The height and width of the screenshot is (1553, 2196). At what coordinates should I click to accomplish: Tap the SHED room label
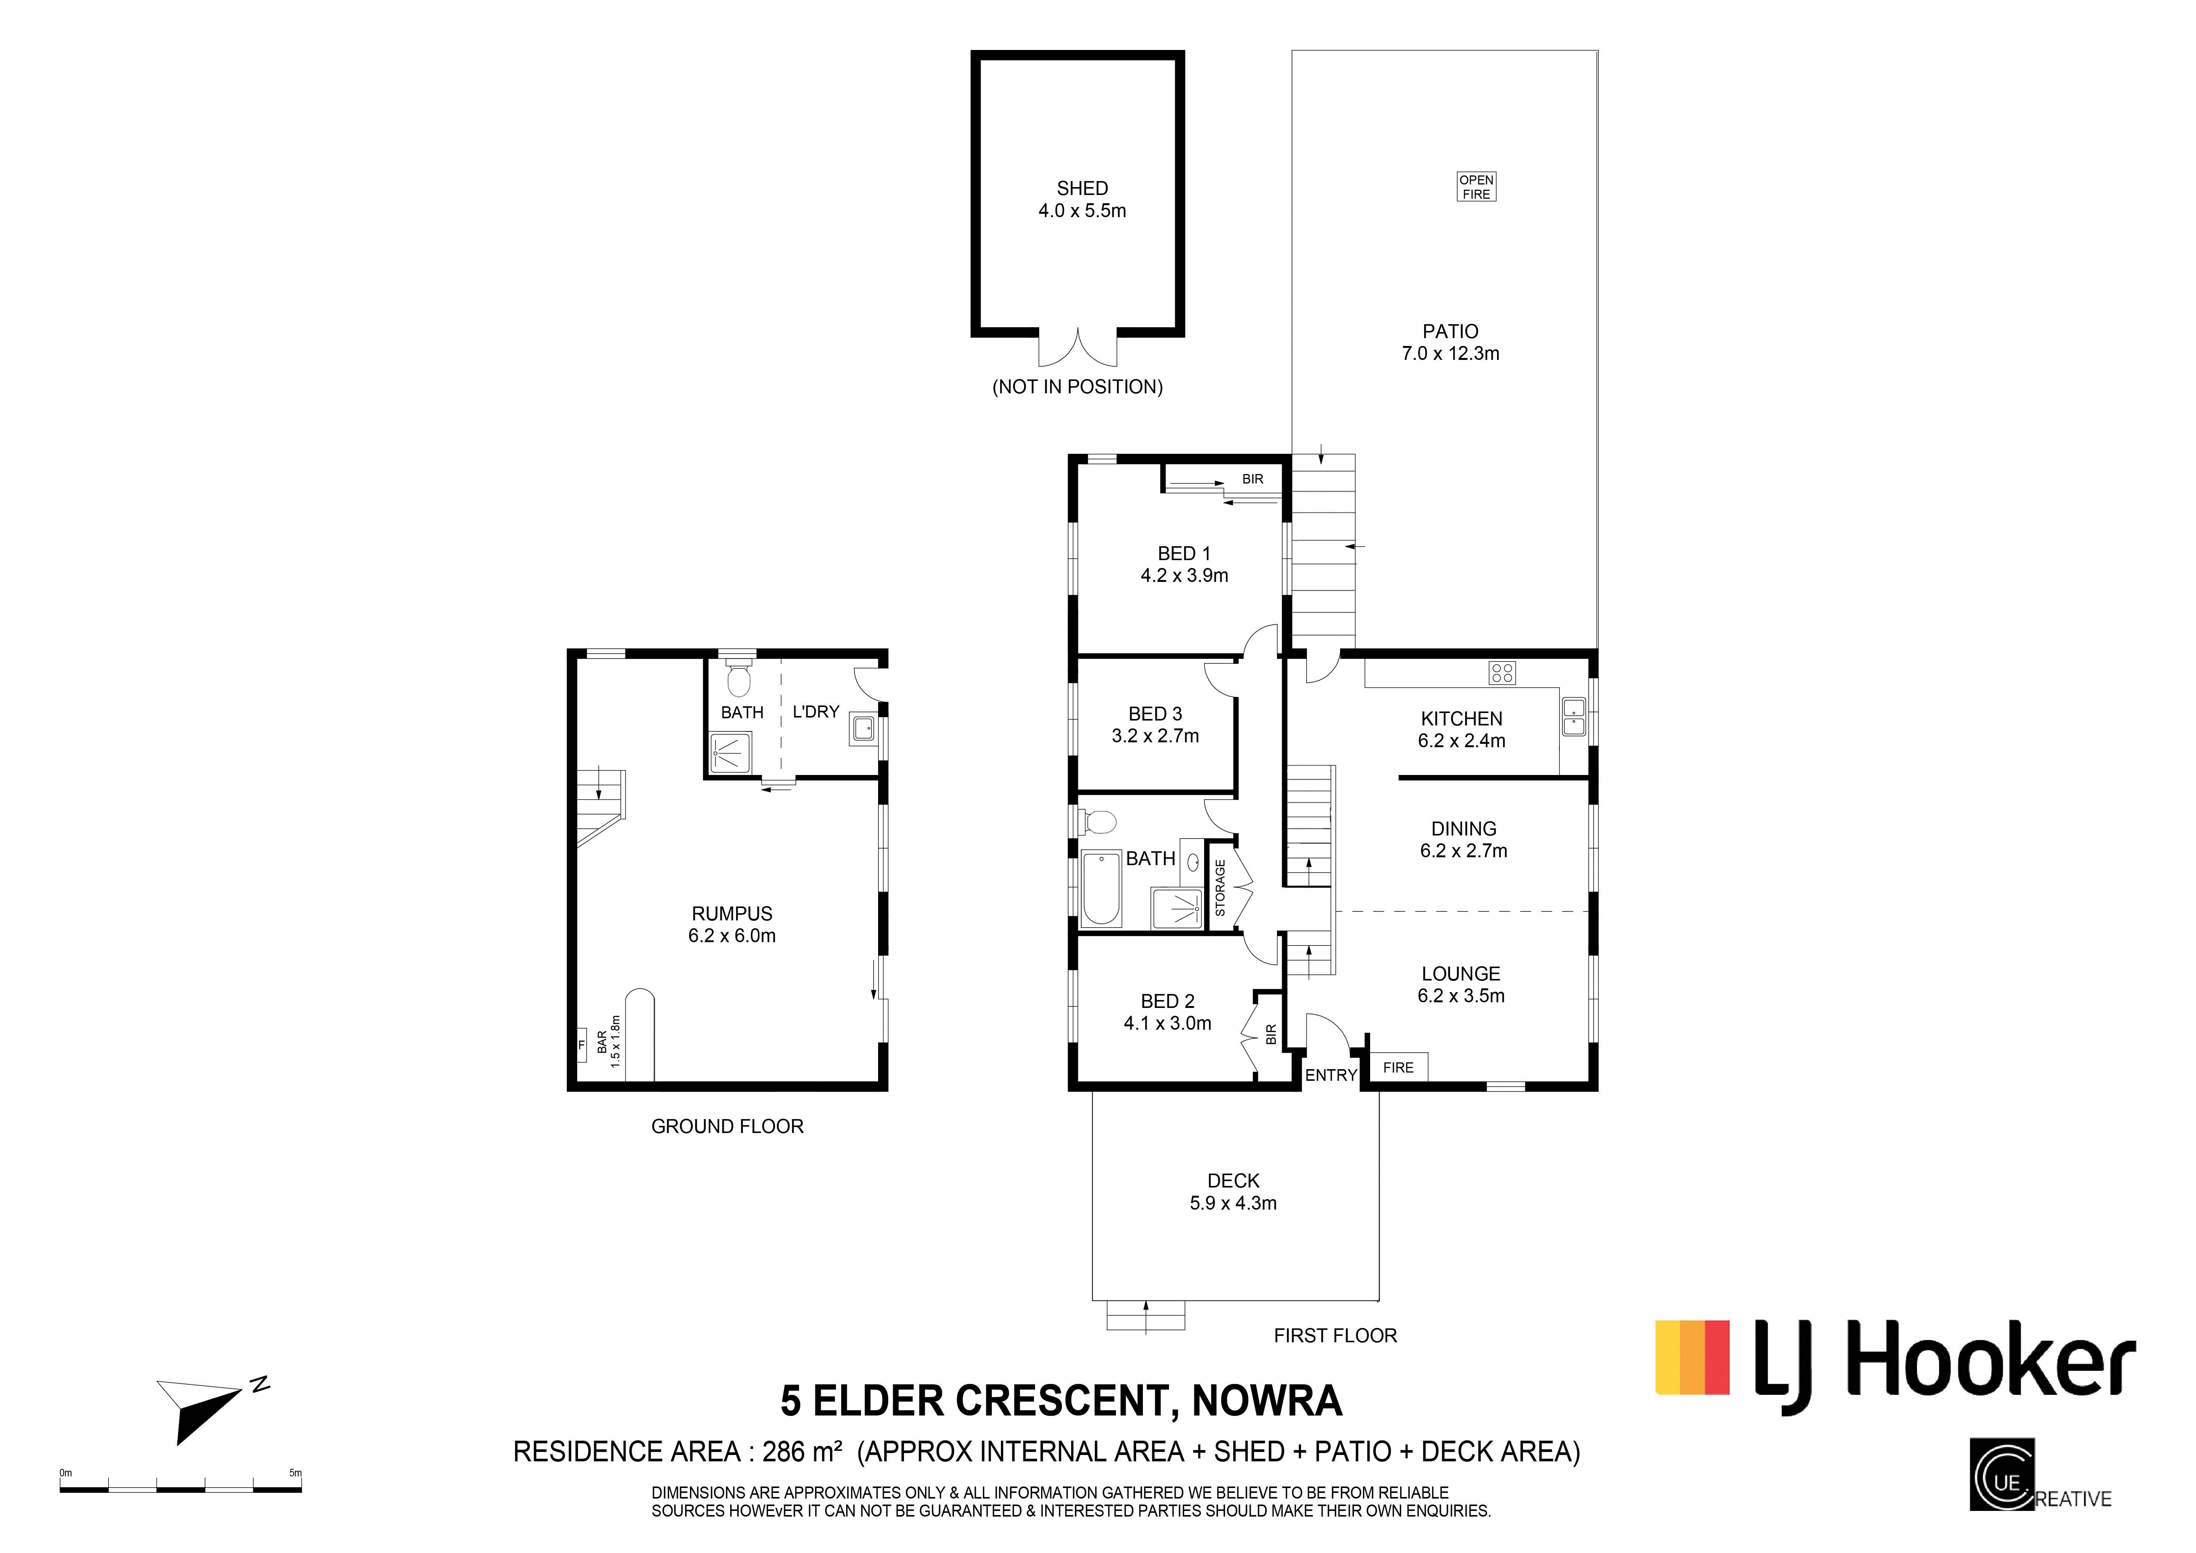point(1082,189)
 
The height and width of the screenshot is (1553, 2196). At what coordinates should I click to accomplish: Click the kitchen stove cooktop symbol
point(1502,673)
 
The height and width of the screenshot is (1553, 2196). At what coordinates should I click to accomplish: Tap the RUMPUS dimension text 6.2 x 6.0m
point(732,936)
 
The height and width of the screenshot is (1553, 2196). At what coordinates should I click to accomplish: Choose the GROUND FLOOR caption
point(727,1126)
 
